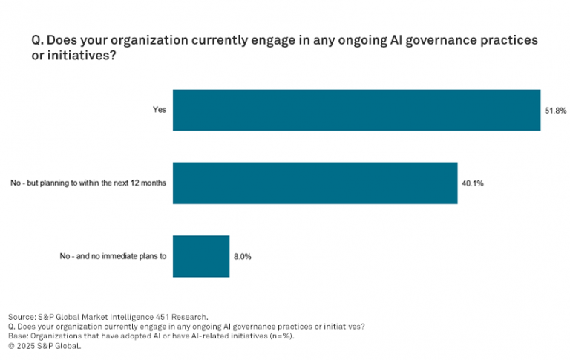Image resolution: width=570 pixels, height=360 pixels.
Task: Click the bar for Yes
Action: pos(356,110)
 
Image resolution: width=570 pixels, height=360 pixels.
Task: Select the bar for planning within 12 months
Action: pos(315,183)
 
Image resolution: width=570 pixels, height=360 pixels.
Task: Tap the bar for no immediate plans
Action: pos(201,256)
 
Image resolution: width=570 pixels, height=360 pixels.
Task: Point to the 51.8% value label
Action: pos(556,111)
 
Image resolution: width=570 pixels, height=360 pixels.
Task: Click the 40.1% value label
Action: pos(473,183)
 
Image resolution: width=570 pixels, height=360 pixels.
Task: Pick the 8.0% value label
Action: pos(243,256)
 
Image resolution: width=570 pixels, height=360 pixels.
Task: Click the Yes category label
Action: pos(160,111)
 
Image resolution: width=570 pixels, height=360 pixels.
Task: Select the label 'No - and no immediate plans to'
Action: pos(114,256)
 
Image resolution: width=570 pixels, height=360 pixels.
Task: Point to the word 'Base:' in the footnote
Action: pos(19,336)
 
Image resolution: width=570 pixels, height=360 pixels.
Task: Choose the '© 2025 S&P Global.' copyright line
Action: pos(44,345)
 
